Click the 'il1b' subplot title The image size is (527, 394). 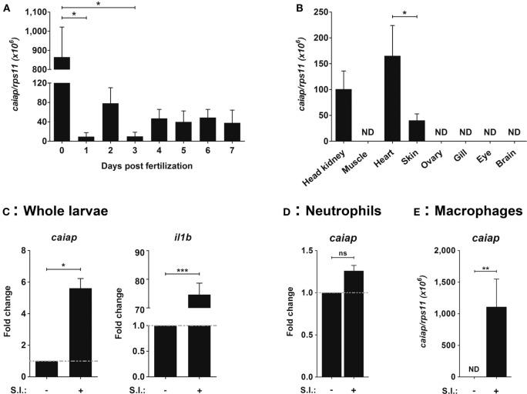click(x=182, y=238)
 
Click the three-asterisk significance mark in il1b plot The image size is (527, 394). click(x=182, y=269)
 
